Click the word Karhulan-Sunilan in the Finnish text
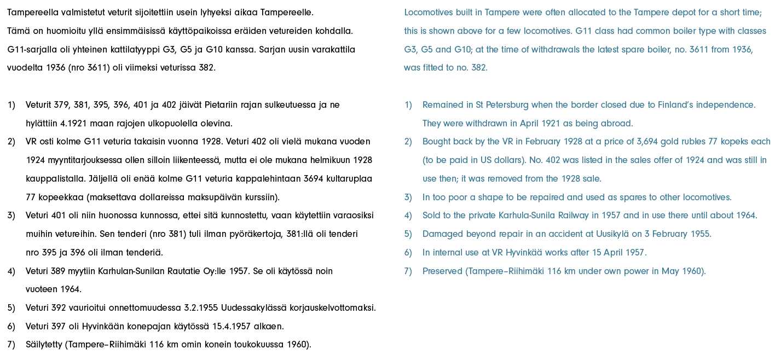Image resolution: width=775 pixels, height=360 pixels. click(129, 271)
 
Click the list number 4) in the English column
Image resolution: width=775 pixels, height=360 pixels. click(408, 216)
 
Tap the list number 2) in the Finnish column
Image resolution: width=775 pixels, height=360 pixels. click(11, 142)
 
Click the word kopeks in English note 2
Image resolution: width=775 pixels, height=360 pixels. click(737, 142)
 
